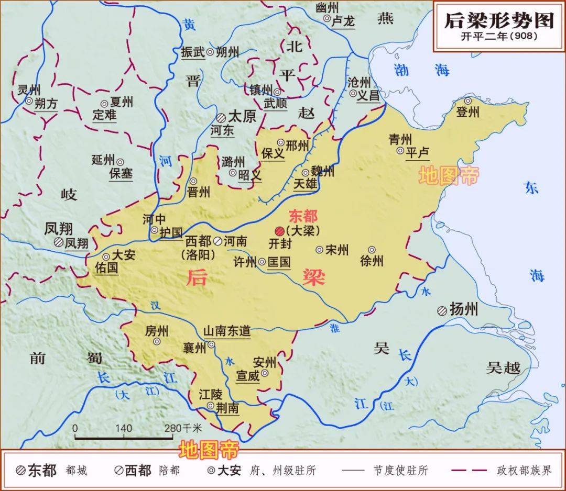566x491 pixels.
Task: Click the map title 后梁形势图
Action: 499,20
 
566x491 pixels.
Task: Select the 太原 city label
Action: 243,116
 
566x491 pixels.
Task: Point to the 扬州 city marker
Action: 442,310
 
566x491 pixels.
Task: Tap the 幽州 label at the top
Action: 328,7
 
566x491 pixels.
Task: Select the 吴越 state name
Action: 503,368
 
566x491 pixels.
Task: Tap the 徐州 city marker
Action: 372,250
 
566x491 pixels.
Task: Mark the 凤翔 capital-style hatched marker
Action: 58,242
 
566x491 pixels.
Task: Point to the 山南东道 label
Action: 226,331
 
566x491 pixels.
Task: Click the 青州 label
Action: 400,139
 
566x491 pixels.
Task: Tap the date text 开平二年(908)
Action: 499,37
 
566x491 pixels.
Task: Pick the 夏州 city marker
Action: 104,104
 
